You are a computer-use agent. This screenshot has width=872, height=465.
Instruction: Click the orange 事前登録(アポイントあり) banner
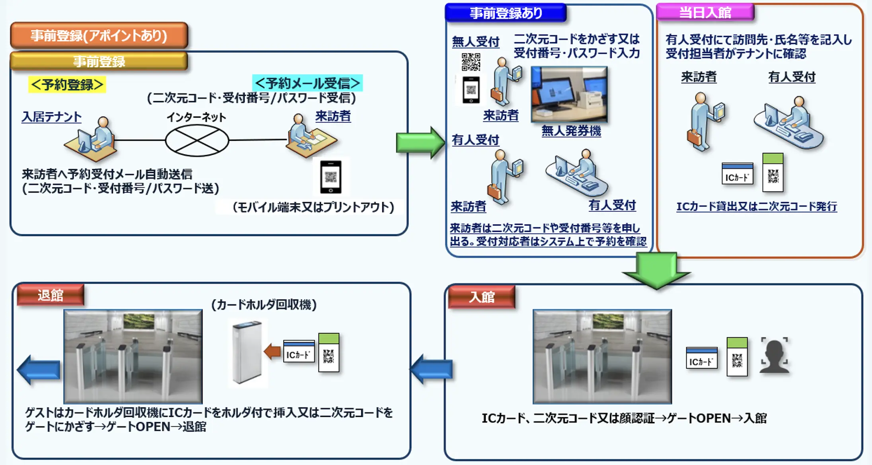coord(99,36)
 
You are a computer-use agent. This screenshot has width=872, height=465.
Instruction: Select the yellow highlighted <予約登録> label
coord(67,85)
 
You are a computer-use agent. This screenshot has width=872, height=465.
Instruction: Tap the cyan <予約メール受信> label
coord(307,83)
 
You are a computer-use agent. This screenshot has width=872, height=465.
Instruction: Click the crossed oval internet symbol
coord(197,140)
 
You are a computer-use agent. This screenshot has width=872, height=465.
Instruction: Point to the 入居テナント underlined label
coord(52,117)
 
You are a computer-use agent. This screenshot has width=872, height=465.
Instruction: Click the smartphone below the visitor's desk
coord(331,177)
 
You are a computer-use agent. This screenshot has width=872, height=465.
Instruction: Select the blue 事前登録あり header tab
coord(506,13)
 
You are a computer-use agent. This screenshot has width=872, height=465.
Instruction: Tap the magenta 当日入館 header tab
coord(705,12)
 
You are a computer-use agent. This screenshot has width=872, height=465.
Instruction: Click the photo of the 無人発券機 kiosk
coord(569,94)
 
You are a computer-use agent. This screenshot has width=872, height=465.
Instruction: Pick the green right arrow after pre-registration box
coord(420,142)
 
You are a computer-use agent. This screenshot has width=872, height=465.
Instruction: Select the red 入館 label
coord(481,297)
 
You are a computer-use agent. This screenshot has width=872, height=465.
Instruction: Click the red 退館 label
coord(51,295)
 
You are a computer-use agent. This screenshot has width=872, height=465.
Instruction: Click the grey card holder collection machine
coord(247,352)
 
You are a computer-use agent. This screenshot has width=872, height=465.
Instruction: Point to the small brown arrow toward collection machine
coord(272,351)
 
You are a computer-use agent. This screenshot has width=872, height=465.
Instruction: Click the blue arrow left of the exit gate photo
coord(39,370)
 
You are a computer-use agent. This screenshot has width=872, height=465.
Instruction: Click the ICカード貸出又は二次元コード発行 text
coord(756,206)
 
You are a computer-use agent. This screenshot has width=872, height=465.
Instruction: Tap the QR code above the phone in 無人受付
coord(471,62)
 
